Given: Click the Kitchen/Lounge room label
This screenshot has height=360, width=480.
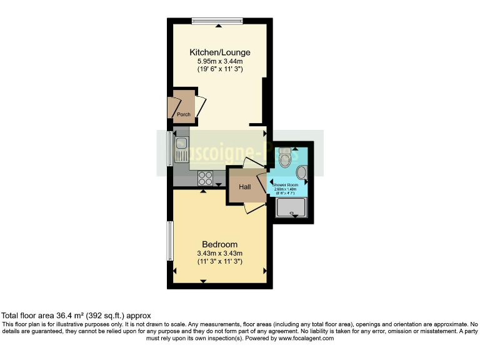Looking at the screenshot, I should coord(216,52).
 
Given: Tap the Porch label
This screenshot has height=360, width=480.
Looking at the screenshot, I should coord(183,114).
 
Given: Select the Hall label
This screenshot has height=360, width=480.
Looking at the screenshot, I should coord(244,186).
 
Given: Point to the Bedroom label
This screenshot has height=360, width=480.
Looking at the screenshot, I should coord(219,244).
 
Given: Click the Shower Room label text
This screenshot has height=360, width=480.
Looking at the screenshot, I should coord(288,185).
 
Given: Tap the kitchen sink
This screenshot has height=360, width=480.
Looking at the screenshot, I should coord(182,150).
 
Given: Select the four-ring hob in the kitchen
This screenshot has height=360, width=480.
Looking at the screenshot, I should coord(206,178).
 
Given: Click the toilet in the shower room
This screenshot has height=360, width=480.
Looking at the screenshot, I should coord(286,161).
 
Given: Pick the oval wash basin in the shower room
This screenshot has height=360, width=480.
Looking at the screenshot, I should coord(301,172).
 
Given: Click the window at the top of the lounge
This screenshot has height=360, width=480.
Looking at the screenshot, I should coord(217,21).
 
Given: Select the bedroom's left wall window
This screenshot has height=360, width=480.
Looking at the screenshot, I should coord(169,241).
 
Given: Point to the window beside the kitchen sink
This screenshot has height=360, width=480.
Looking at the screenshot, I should coord(169,149).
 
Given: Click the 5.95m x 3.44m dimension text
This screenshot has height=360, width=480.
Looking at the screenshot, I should coord(216,61).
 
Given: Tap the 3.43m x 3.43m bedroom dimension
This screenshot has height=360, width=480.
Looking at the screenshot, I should coord(219,253).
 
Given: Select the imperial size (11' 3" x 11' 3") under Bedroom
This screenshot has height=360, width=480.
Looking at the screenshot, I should coord(219,261).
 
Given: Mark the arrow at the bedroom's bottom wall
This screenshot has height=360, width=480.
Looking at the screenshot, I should coord(203,282).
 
